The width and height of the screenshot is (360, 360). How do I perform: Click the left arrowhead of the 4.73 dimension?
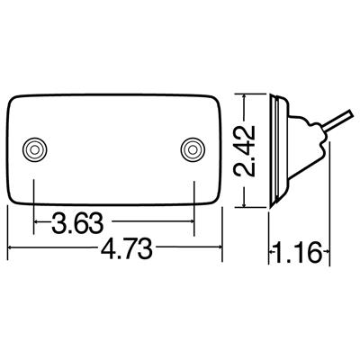[11, 244]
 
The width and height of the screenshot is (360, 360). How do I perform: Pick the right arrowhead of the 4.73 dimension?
[219, 244]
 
